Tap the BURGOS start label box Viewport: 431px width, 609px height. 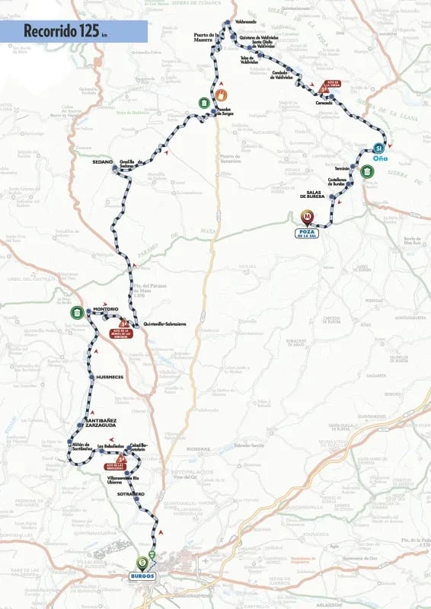[142, 576]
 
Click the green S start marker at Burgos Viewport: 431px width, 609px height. [142, 563]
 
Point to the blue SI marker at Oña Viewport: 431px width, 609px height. [378, 148]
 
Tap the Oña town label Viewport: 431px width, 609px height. [382, 158]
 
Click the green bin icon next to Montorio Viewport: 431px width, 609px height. [77, 311]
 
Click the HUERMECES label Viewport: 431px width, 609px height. [110, 378]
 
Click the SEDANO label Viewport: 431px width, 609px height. [103, 162]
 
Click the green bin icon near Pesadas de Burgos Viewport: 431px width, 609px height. [204, 103]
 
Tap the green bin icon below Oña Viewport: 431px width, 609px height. [368, 171]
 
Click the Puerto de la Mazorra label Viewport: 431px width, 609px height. [206, 37]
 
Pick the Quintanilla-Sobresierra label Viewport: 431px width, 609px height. [164, 323]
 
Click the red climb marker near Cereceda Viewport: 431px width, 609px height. [324, 86]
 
